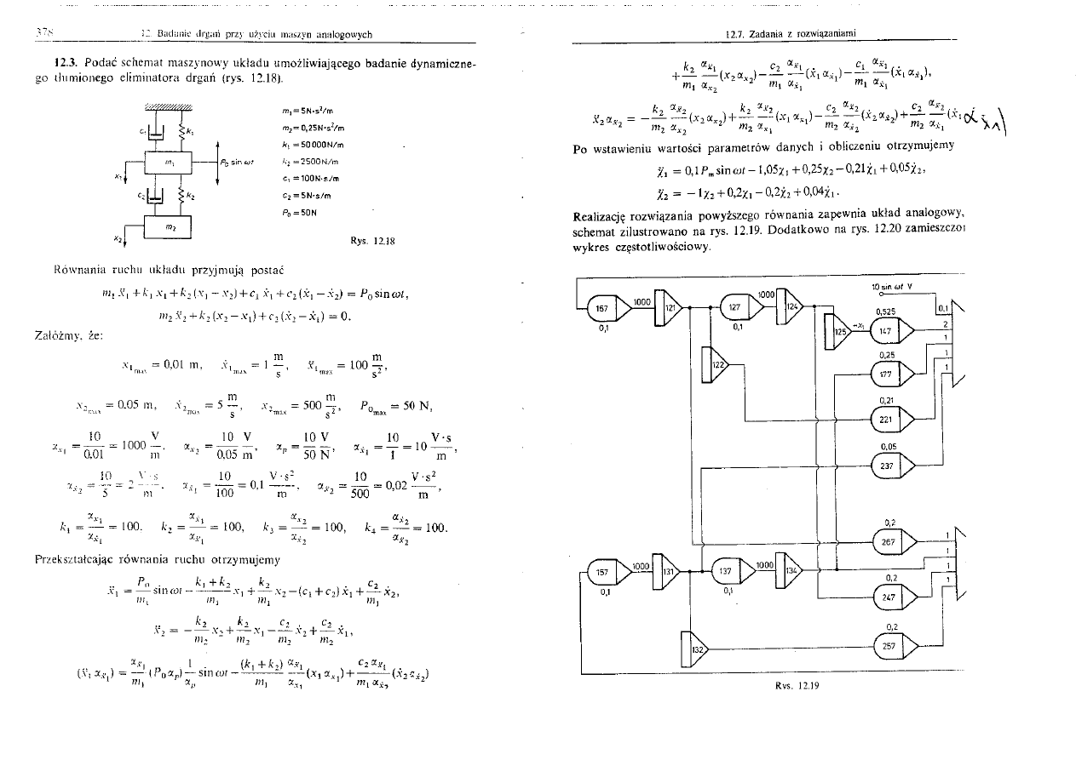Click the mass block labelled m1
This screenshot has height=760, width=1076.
pos(170,162)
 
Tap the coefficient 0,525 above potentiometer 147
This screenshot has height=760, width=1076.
pos(884,311)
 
